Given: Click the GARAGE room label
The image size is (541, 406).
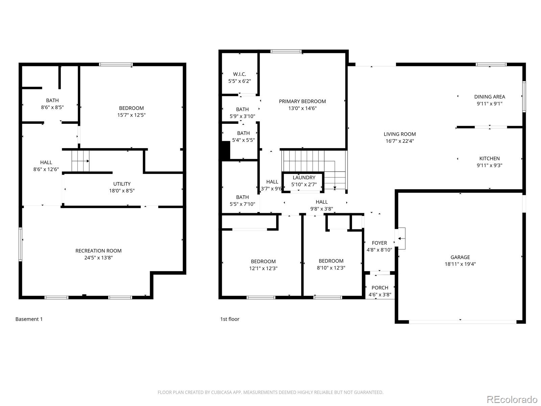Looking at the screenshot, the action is coord(460,257).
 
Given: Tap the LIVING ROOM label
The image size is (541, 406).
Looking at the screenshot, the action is coord(400,134).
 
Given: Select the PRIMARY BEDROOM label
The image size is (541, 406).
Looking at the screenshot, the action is coord(302,101).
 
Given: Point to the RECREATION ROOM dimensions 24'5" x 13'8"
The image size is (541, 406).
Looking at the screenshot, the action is coord(98,257).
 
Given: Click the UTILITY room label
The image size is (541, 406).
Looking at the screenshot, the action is coord(122,184).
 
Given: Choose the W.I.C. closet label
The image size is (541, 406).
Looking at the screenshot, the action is coord(239,74).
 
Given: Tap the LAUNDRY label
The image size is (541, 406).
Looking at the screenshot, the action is coord(304,178).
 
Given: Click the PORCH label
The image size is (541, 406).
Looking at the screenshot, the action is coord(380,288).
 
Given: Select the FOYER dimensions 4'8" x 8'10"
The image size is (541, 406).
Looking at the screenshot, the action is coord(379,250).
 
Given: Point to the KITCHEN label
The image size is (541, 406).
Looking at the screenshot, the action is coord(489,158).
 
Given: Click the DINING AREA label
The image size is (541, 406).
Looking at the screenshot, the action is coord(490,97).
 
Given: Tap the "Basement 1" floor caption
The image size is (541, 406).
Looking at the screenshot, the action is coord(29,319).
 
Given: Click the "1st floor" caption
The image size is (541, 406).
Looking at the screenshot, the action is coord(230,319).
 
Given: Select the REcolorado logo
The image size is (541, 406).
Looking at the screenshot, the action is coord(512,399).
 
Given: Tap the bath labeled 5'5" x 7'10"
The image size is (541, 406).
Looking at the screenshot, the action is coord(242,201).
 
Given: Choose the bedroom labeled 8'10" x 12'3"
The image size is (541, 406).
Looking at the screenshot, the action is coord(331,264).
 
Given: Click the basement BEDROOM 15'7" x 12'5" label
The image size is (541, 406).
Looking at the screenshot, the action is coord(132,111).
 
